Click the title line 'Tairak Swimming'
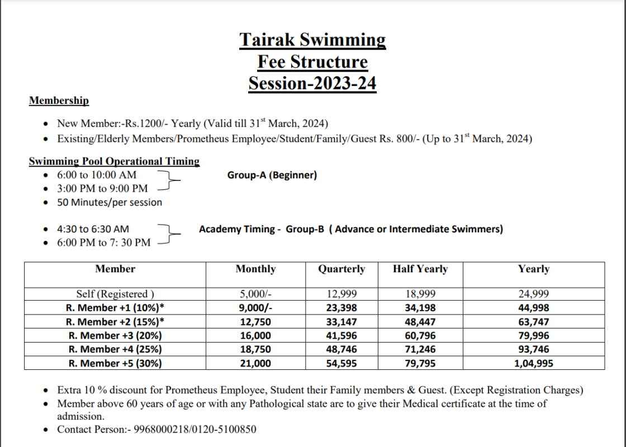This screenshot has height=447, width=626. coord(312,40)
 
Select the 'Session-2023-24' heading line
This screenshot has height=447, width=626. coord(312,83)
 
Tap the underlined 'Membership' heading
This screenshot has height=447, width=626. coord(59,101)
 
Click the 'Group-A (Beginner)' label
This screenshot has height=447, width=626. coord(272,175)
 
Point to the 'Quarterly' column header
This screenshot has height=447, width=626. coord(342,269)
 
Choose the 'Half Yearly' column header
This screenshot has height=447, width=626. coord(420,269)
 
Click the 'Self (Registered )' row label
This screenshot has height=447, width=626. coord(115,294)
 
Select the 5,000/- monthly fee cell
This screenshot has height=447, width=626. coord(255,294)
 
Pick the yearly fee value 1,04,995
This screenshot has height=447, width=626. coord(533,363)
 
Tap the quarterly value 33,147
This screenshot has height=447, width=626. coord(342,322)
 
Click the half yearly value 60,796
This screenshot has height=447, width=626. coord(420,336)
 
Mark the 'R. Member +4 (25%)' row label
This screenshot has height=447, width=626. coord(115,349)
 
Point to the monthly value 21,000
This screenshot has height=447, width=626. coord(255,363)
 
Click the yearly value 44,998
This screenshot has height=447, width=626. coord(533,308)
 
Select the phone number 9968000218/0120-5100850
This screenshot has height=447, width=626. coord(196,429)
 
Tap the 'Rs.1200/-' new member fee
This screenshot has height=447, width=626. coord(149,123)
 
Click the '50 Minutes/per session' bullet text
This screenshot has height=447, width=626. coord(110,202)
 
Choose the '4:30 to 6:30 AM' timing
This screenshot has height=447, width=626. coord(93,229)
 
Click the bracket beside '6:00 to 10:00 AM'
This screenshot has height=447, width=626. coord(169,180)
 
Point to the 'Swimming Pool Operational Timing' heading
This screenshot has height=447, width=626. coord(114,161)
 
